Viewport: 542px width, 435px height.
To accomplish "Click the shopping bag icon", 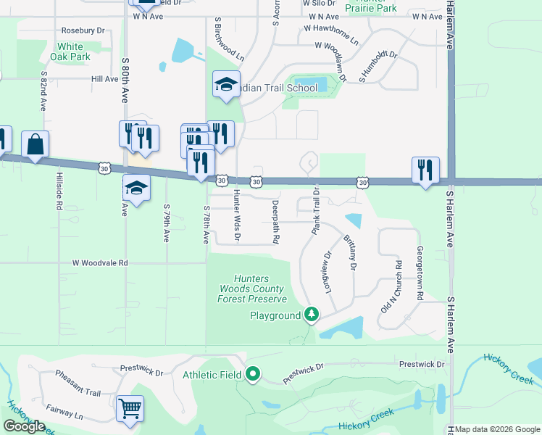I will tap(35, 144).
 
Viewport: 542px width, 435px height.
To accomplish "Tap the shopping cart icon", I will tap(130, 409).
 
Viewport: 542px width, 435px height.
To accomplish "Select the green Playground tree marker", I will tap(312, 315).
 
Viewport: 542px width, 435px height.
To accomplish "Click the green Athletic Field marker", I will tap(253, 374).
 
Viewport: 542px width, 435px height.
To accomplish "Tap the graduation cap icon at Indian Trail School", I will tap(226, 85).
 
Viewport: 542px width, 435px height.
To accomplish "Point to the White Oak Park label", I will tap(70, 51).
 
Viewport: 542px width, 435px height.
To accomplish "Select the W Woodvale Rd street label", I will tap(99, 263).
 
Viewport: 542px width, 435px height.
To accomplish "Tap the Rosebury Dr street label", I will tap(83, 30).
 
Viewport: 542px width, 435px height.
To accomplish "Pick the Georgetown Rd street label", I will tap(419, 273).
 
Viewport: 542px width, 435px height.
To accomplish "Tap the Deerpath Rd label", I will tap(276, 221).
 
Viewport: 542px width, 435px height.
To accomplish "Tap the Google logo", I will tap(25, 426).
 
